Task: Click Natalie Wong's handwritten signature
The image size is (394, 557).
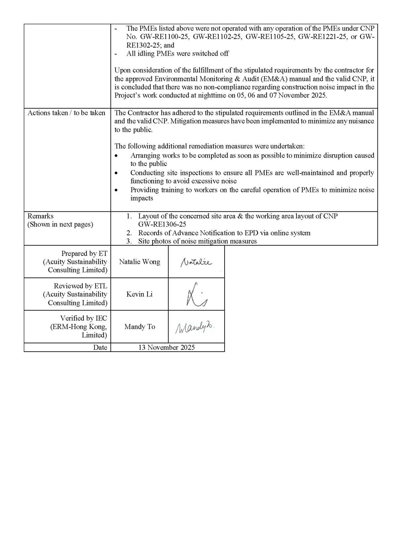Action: pos(196,262)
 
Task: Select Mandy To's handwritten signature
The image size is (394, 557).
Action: pos(195,327)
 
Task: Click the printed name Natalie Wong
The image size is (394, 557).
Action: pos(139,262)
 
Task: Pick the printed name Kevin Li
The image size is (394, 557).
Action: pos(139,294)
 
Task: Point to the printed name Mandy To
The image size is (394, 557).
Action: pos(140,327)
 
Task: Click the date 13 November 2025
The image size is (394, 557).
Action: pos(166,347)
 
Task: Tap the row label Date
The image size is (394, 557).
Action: pos(100,347)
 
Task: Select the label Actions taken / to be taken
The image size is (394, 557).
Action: pos(66,113)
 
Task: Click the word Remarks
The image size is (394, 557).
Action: pos(40,216)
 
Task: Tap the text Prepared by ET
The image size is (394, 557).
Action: pos(84,253)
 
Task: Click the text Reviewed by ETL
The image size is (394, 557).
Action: pos(81,286)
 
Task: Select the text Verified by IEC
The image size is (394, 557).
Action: pos(84,318)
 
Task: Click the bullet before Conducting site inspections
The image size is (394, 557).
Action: pos(116,173)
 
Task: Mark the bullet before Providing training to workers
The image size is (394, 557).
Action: pos(116,190)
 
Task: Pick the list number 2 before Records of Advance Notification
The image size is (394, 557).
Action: pos(129,233)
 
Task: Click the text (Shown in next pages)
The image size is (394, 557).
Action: pos(60,224)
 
